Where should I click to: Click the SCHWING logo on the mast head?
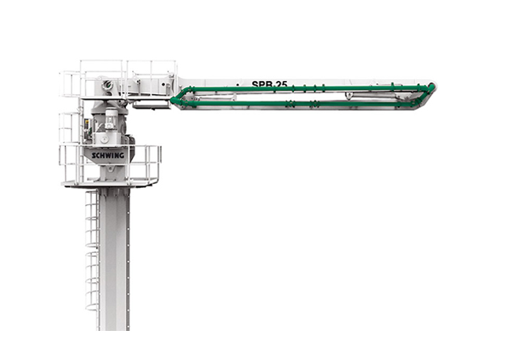(x=108, y=156)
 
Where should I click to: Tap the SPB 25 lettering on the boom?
(x=270, y=84)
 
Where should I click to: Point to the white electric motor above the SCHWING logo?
(x=111, y=119)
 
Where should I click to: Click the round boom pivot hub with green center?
(x=107, y=86)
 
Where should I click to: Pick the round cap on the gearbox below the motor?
(x=104, y=139)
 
